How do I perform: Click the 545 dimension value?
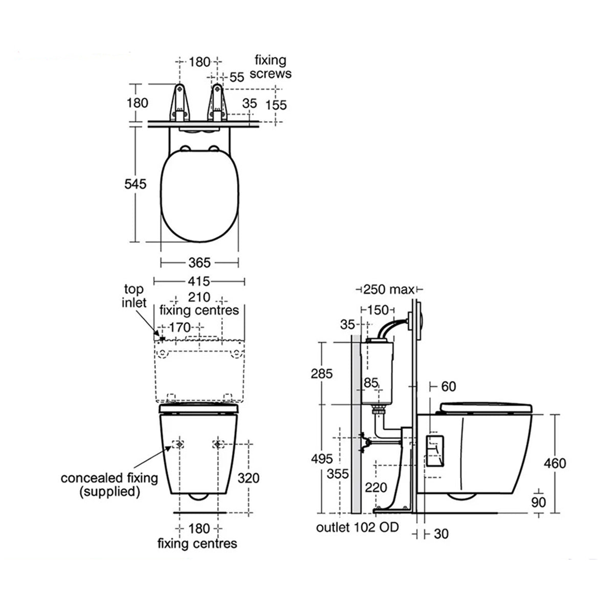(135, 184)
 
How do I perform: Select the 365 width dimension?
(199, 262)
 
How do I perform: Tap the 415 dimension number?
(199, 281)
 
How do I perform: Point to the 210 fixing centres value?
(199, 298)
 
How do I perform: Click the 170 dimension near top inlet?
(179, 326)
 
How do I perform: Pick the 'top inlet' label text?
(134, 296)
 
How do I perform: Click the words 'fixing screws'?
(270, 67)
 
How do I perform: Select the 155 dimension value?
(276, 105)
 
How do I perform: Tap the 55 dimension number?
(237, 77)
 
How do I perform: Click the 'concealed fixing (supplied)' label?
(109, 485)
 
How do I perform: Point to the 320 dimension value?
(249, 478)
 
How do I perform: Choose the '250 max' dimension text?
(388, 290)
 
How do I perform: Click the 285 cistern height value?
(322, 373)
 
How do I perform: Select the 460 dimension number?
(555, 463)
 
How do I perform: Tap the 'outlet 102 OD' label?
(358, 527)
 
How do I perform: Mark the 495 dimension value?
(322, 459)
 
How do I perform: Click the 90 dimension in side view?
(539, 502)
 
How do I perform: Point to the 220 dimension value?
(376, 488)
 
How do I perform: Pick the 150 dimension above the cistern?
(378, 310)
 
